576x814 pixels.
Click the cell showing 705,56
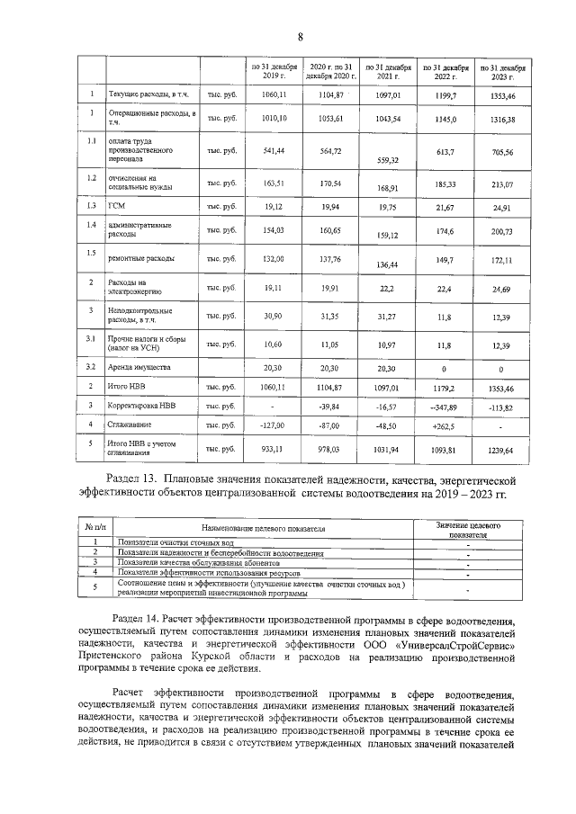(503, 154)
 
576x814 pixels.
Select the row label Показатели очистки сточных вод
(175, 544)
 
